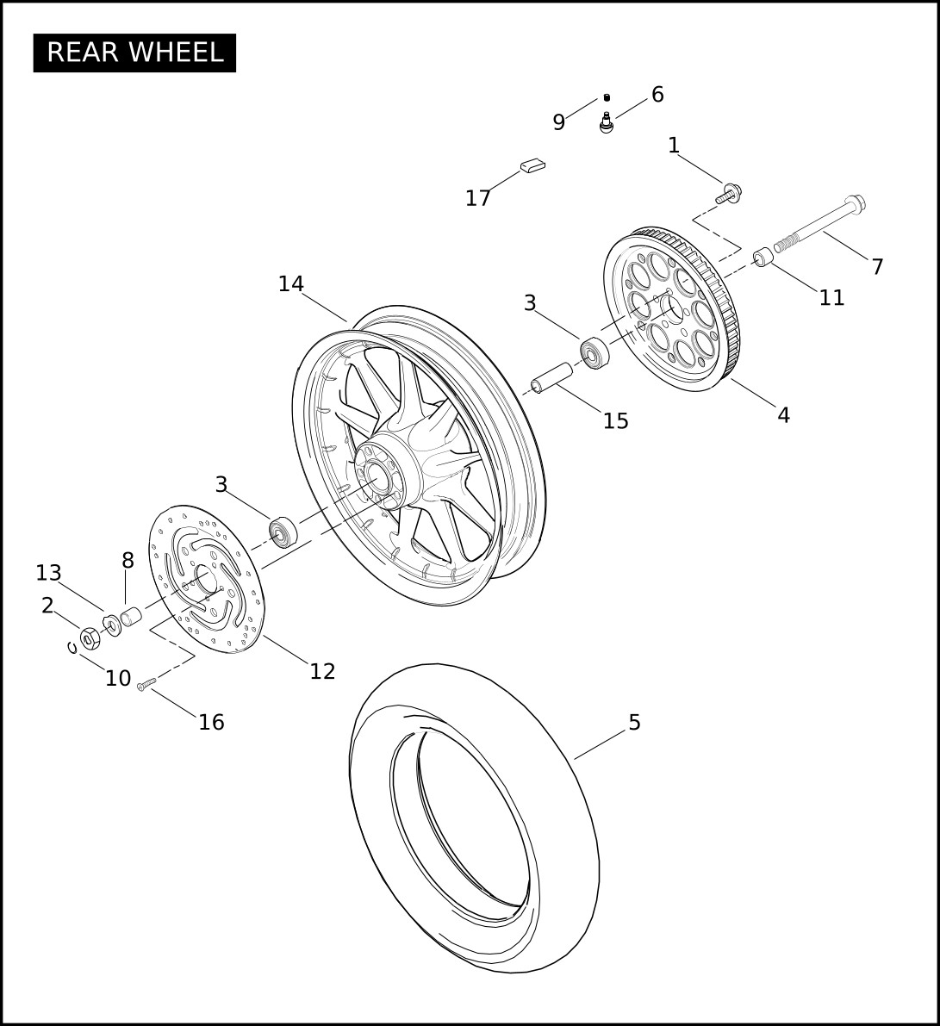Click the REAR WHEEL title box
click(134, 53)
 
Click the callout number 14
click(291, 284)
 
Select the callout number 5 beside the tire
click(634, 723)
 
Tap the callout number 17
click(478, 197)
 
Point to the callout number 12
click(322, 671)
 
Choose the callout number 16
click(211, 723)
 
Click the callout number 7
click(877, 266)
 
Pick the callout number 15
click(615, 420)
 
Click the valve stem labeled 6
click(607, 123)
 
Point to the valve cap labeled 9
click(607, 98)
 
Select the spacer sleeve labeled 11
click(763, 258)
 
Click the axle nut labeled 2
click(90, 637)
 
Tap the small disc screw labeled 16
click(146, 685)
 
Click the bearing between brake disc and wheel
click(283, 532)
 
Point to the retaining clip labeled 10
click(72, 647)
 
